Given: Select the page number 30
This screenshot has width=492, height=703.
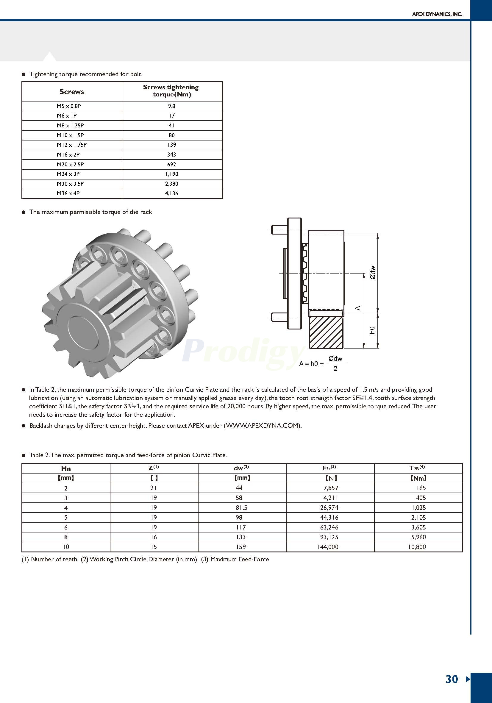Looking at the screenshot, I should pos(452,679).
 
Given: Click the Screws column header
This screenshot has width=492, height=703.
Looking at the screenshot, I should pos(72,92).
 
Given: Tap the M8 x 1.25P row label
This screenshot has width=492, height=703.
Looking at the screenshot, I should pos(70,125).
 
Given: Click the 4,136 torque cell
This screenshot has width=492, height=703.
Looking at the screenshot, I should pos(171,193).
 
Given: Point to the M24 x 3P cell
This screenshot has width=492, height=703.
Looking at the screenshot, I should pos(68,174).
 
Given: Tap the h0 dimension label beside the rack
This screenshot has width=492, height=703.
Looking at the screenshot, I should pos(372,330).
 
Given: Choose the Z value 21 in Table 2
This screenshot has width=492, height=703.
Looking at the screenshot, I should pos(154,488).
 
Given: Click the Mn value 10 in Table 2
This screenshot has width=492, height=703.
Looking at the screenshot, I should pos(66,547).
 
